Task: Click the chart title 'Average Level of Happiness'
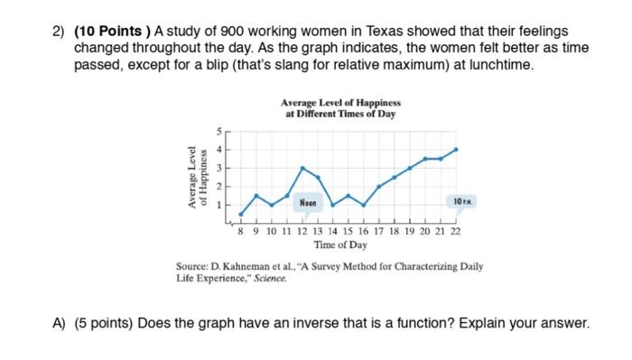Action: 340,105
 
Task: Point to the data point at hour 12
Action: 302,168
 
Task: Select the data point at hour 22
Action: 456,149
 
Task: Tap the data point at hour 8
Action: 241,215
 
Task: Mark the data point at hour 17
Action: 379,186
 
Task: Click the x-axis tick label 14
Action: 333,231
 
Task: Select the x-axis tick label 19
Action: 410,231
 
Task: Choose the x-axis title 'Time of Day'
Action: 340,245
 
